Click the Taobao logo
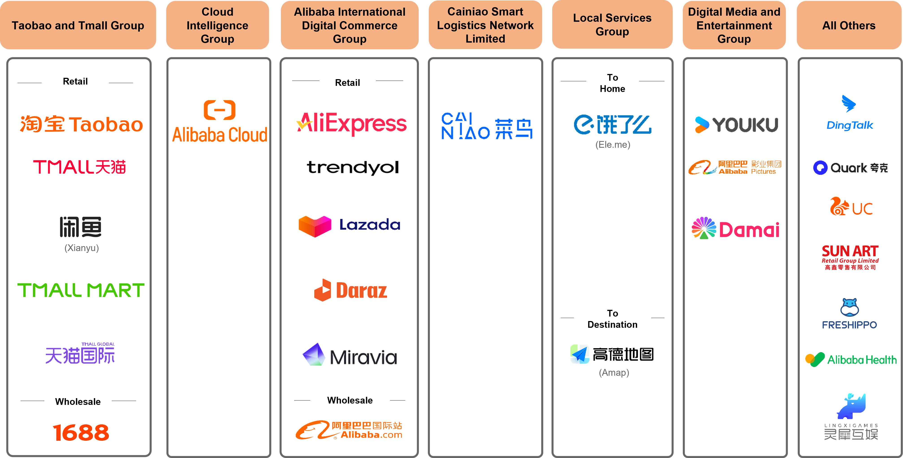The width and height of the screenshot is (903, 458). tap(81, 124)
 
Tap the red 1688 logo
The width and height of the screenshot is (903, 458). tap(81, 432)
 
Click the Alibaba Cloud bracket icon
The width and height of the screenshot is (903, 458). tap(220, 110)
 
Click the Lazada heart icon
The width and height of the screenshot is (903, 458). tap(315, 226)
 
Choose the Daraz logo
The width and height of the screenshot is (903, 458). tap(351, 290)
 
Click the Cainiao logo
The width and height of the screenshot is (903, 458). tap(487, 126)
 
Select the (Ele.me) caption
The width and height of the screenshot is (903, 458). tap(613, 144)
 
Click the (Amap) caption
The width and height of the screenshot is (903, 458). tap(614, 372)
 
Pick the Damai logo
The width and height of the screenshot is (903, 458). tap(735, 229)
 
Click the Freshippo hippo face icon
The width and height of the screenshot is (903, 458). tap(849, 307)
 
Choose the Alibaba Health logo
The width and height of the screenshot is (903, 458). tap(851, 359)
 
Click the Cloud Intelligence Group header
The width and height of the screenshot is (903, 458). tap(217, 25)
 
